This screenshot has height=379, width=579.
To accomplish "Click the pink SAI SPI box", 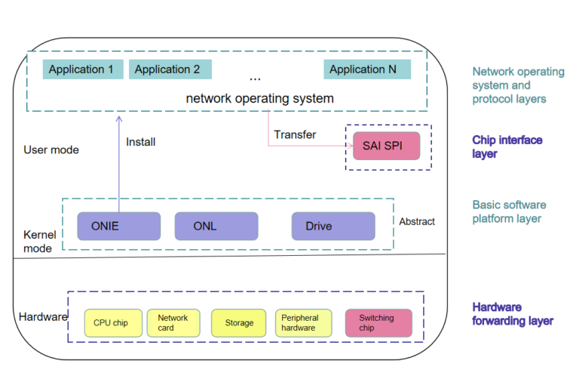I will [386, 145].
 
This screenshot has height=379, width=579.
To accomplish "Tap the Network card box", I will [173, 322].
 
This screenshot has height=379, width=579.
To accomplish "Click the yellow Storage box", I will [238, 323].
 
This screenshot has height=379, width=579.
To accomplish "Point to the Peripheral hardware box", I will [303, 322].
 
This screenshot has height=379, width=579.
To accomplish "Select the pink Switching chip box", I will [378, 322].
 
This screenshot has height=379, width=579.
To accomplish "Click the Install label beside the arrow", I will [141, 142].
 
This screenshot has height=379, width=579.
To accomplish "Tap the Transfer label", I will [295, 134].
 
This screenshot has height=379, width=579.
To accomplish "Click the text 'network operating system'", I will [259, 98].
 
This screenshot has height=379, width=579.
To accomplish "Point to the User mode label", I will [51, 149].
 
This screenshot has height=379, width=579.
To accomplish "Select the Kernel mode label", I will [38, 241].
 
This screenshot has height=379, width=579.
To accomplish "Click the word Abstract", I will [417, 222].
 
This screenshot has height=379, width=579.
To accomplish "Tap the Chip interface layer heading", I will [507, 146].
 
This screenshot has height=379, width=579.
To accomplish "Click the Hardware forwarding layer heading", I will [513, 314].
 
